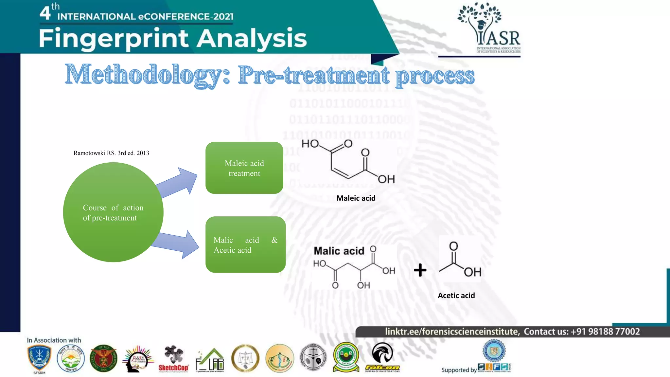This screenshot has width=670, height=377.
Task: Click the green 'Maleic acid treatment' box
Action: point(244,168)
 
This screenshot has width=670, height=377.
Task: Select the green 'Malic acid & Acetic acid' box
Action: point(245,245)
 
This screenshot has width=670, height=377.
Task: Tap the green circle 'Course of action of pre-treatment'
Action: point(113,212)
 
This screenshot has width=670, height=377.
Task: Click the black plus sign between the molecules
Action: point(420,270)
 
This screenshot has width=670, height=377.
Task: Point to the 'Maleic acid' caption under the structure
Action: point(356,198)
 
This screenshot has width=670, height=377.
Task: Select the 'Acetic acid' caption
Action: point(456,296)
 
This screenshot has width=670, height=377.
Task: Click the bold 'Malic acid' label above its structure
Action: point(339,251)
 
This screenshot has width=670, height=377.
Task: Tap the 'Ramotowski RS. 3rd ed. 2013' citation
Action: point(111,153)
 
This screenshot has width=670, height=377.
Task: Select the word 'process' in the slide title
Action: point(435,76)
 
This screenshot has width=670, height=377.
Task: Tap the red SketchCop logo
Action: point(173,359)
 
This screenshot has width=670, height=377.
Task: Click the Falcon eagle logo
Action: point(382,357)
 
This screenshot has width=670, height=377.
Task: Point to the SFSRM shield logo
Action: point(39,359)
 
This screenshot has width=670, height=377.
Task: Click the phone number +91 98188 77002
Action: point(605,332)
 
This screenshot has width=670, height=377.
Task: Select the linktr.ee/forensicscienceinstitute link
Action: point(452,332)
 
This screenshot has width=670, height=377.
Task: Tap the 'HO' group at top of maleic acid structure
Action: point(309,144)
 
